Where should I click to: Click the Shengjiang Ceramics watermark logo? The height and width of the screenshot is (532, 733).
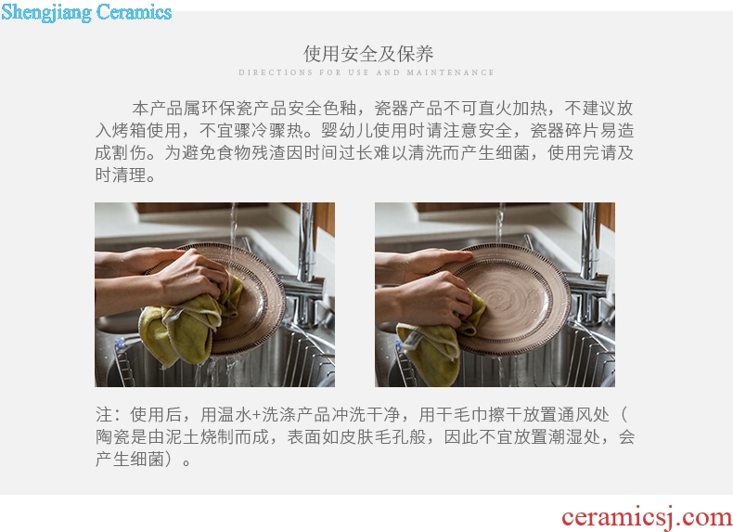pyautogui.click(x=86, y=12)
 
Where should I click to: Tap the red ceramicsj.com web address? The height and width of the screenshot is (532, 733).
pyautogui.click(x=647, y=517)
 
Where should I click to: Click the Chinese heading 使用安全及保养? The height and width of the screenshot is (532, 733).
pyautogui.click(x=368, y=54)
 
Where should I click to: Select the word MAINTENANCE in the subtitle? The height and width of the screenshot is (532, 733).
pyautogui.click(x=450, y=72)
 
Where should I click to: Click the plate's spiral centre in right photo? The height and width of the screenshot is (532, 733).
pyautogui.click(x=508, y=293)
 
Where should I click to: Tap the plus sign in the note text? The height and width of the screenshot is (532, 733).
pyautogui.click(x=256, y=415)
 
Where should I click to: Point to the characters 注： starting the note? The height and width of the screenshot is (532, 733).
pyautogui.click(x=109, y=415)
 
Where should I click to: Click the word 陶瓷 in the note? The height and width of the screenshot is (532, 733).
pyautogui.click(x=112, y=437)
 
